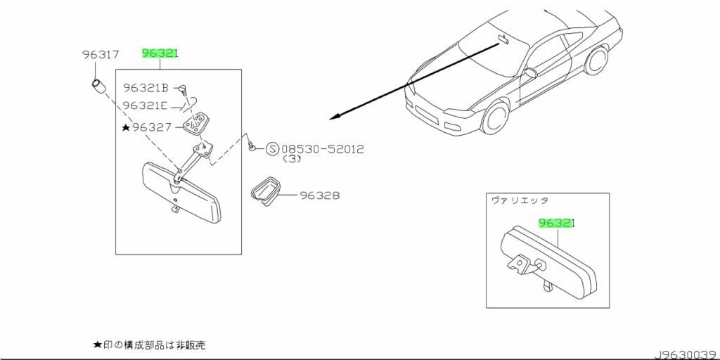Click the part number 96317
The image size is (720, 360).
[x=100, y=54]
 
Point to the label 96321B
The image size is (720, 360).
[x=146, y=88]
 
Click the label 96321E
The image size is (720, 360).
[x=145, y=105]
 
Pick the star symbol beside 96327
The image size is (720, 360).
[x=126, y=127]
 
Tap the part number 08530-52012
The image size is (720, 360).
[x=323, y=149]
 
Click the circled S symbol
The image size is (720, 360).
[x=272, y=149]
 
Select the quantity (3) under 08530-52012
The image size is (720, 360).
[x=292, y=160]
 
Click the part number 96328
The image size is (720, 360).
[x=320, y=195]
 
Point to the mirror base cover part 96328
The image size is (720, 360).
[x=265, y=192]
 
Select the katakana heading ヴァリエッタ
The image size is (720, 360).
[x=519, y=200]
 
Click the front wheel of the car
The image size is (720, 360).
[x=496, y=118]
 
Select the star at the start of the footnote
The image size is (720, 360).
[x=98, y=345]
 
